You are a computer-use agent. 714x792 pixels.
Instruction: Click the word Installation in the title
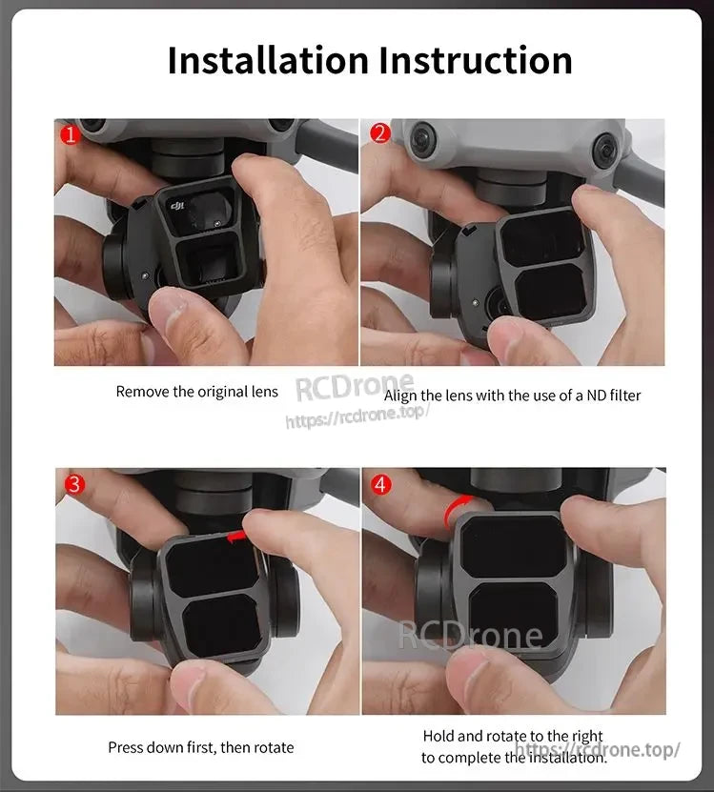click(268, 59)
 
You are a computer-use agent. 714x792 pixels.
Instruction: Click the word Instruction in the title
click(476, 59)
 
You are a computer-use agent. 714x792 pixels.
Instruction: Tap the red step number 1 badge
click(69, 134)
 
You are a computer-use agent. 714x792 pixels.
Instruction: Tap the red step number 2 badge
click(379, 133)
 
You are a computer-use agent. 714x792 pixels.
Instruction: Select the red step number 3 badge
click(72, 484)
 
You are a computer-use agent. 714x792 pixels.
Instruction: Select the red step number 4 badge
click(380, 484)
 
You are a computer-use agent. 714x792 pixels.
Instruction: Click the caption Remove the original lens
click(197, 392)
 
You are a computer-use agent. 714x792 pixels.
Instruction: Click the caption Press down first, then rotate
click(200, 747)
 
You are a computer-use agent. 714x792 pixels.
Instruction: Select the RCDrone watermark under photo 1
click(353, 389)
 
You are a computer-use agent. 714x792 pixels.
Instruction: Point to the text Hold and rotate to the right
click(513, 736)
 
